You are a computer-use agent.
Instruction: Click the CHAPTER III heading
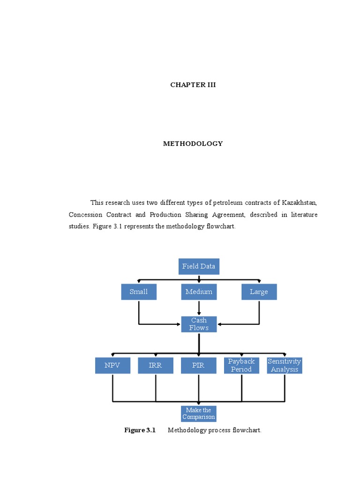(x=193, y=85)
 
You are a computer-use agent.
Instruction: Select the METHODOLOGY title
(x=193, y=143)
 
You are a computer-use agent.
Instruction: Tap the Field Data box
(x=199, y=266)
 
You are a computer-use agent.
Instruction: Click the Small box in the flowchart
(x=139, y=292)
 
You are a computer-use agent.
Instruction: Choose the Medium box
(x=199, y=292)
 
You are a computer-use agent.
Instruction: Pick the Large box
(x=259, y=292)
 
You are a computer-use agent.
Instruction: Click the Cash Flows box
(x=199, y=324)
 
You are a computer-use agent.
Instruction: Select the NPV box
(x=112, y=365)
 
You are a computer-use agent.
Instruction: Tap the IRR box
(x=156, y=365)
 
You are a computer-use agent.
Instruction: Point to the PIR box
(x=199, y=365)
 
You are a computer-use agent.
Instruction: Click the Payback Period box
(x=241, y=365)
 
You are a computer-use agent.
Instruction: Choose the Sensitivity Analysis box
(x=285, y=365)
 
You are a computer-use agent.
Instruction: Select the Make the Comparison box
(x=199, y=413)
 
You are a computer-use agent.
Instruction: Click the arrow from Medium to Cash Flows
(x=199, y=307)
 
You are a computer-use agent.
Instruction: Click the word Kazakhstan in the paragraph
(x=300, y=203)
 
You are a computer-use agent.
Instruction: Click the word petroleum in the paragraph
(x=229, y=203)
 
